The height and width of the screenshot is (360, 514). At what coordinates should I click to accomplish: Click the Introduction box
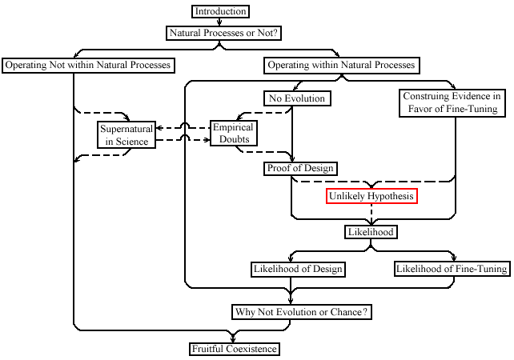coord(220,11)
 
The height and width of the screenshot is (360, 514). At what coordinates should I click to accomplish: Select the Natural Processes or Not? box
coord(223,33)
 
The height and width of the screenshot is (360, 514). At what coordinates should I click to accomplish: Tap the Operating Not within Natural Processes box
coord(88,65)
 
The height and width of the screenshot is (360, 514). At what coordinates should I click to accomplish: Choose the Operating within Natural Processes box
coord(342,65)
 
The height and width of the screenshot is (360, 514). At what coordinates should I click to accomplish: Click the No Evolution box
coord(297,98)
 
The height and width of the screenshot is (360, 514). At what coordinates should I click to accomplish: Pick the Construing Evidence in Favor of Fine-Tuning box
coord(452,102)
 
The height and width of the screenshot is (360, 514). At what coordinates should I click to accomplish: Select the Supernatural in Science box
coord(126,134)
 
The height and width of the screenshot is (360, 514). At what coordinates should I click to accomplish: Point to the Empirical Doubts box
coord(234,133)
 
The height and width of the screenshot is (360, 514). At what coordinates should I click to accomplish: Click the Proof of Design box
coord(300,168)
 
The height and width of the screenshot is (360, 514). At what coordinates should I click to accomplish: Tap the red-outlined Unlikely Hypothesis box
coord(371,196)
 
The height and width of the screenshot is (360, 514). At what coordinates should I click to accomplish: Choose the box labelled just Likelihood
coord(371,232)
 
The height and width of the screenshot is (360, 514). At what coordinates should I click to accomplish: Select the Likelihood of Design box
coord(298,270)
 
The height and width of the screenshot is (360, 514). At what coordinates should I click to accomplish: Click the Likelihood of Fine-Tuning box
coord(452,269)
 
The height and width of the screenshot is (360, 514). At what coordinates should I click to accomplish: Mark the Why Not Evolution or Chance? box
coord(302,312)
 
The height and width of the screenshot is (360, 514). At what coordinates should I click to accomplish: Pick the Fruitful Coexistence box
coord(235,349)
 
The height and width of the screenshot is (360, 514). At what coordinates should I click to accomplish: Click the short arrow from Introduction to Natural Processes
coord(219,22)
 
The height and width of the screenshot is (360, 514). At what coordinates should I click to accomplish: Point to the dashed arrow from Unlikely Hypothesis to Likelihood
coord(371,214)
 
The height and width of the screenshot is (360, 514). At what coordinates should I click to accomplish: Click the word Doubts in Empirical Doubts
coord(234,139)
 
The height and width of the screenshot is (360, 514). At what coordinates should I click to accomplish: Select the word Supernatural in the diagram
coord(126,129)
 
